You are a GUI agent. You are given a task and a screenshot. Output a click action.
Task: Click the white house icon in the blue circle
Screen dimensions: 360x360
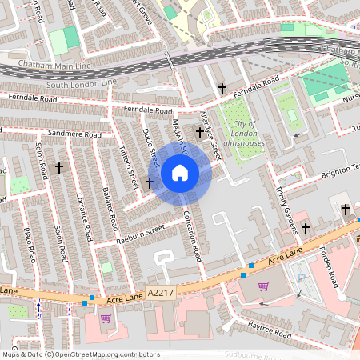point(180,172)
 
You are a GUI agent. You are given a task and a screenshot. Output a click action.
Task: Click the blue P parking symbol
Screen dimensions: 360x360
point(302,278)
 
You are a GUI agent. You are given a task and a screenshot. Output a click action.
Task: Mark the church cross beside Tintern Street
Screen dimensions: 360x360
point(149,183)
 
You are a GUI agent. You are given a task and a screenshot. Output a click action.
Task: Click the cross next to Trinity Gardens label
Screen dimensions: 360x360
point(304,228)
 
